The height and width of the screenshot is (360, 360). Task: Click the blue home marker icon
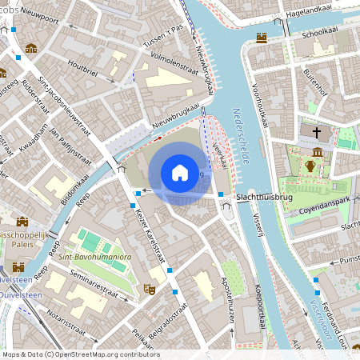pos(180,172)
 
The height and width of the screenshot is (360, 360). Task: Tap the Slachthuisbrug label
pos(264,195)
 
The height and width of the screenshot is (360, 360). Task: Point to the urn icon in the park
pos(310,166)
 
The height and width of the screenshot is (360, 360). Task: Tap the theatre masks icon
pos(148,288)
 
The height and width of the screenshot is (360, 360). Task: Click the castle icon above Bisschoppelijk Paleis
pos(22,222)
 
